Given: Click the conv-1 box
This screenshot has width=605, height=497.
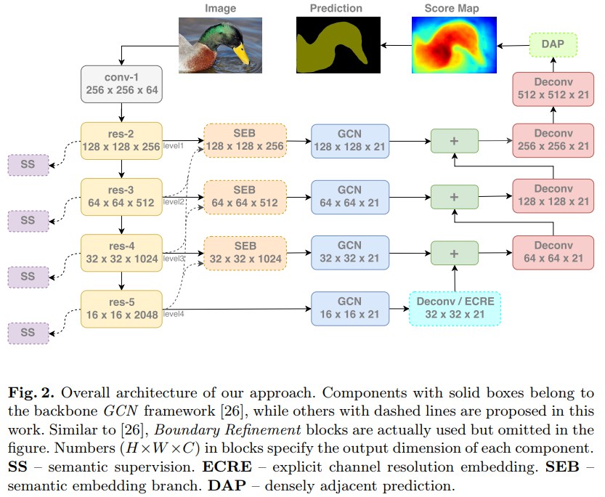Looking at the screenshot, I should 122,84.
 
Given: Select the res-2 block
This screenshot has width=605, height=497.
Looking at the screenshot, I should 122,141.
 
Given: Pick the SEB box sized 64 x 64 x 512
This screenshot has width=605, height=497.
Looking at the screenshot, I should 245,197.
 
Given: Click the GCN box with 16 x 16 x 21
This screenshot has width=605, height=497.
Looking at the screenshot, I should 349,309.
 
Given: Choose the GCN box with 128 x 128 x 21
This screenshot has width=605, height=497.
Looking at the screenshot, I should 349,141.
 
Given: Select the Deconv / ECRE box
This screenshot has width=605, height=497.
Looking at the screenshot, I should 455,309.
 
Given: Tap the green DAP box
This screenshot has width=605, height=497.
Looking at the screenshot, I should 553,45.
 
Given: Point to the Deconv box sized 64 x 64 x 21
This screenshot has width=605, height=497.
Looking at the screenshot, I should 553,253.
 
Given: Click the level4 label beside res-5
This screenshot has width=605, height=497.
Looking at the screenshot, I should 173,315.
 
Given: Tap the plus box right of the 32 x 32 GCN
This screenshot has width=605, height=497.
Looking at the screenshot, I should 455,253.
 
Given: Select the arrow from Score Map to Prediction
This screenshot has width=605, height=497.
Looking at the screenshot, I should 396,46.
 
